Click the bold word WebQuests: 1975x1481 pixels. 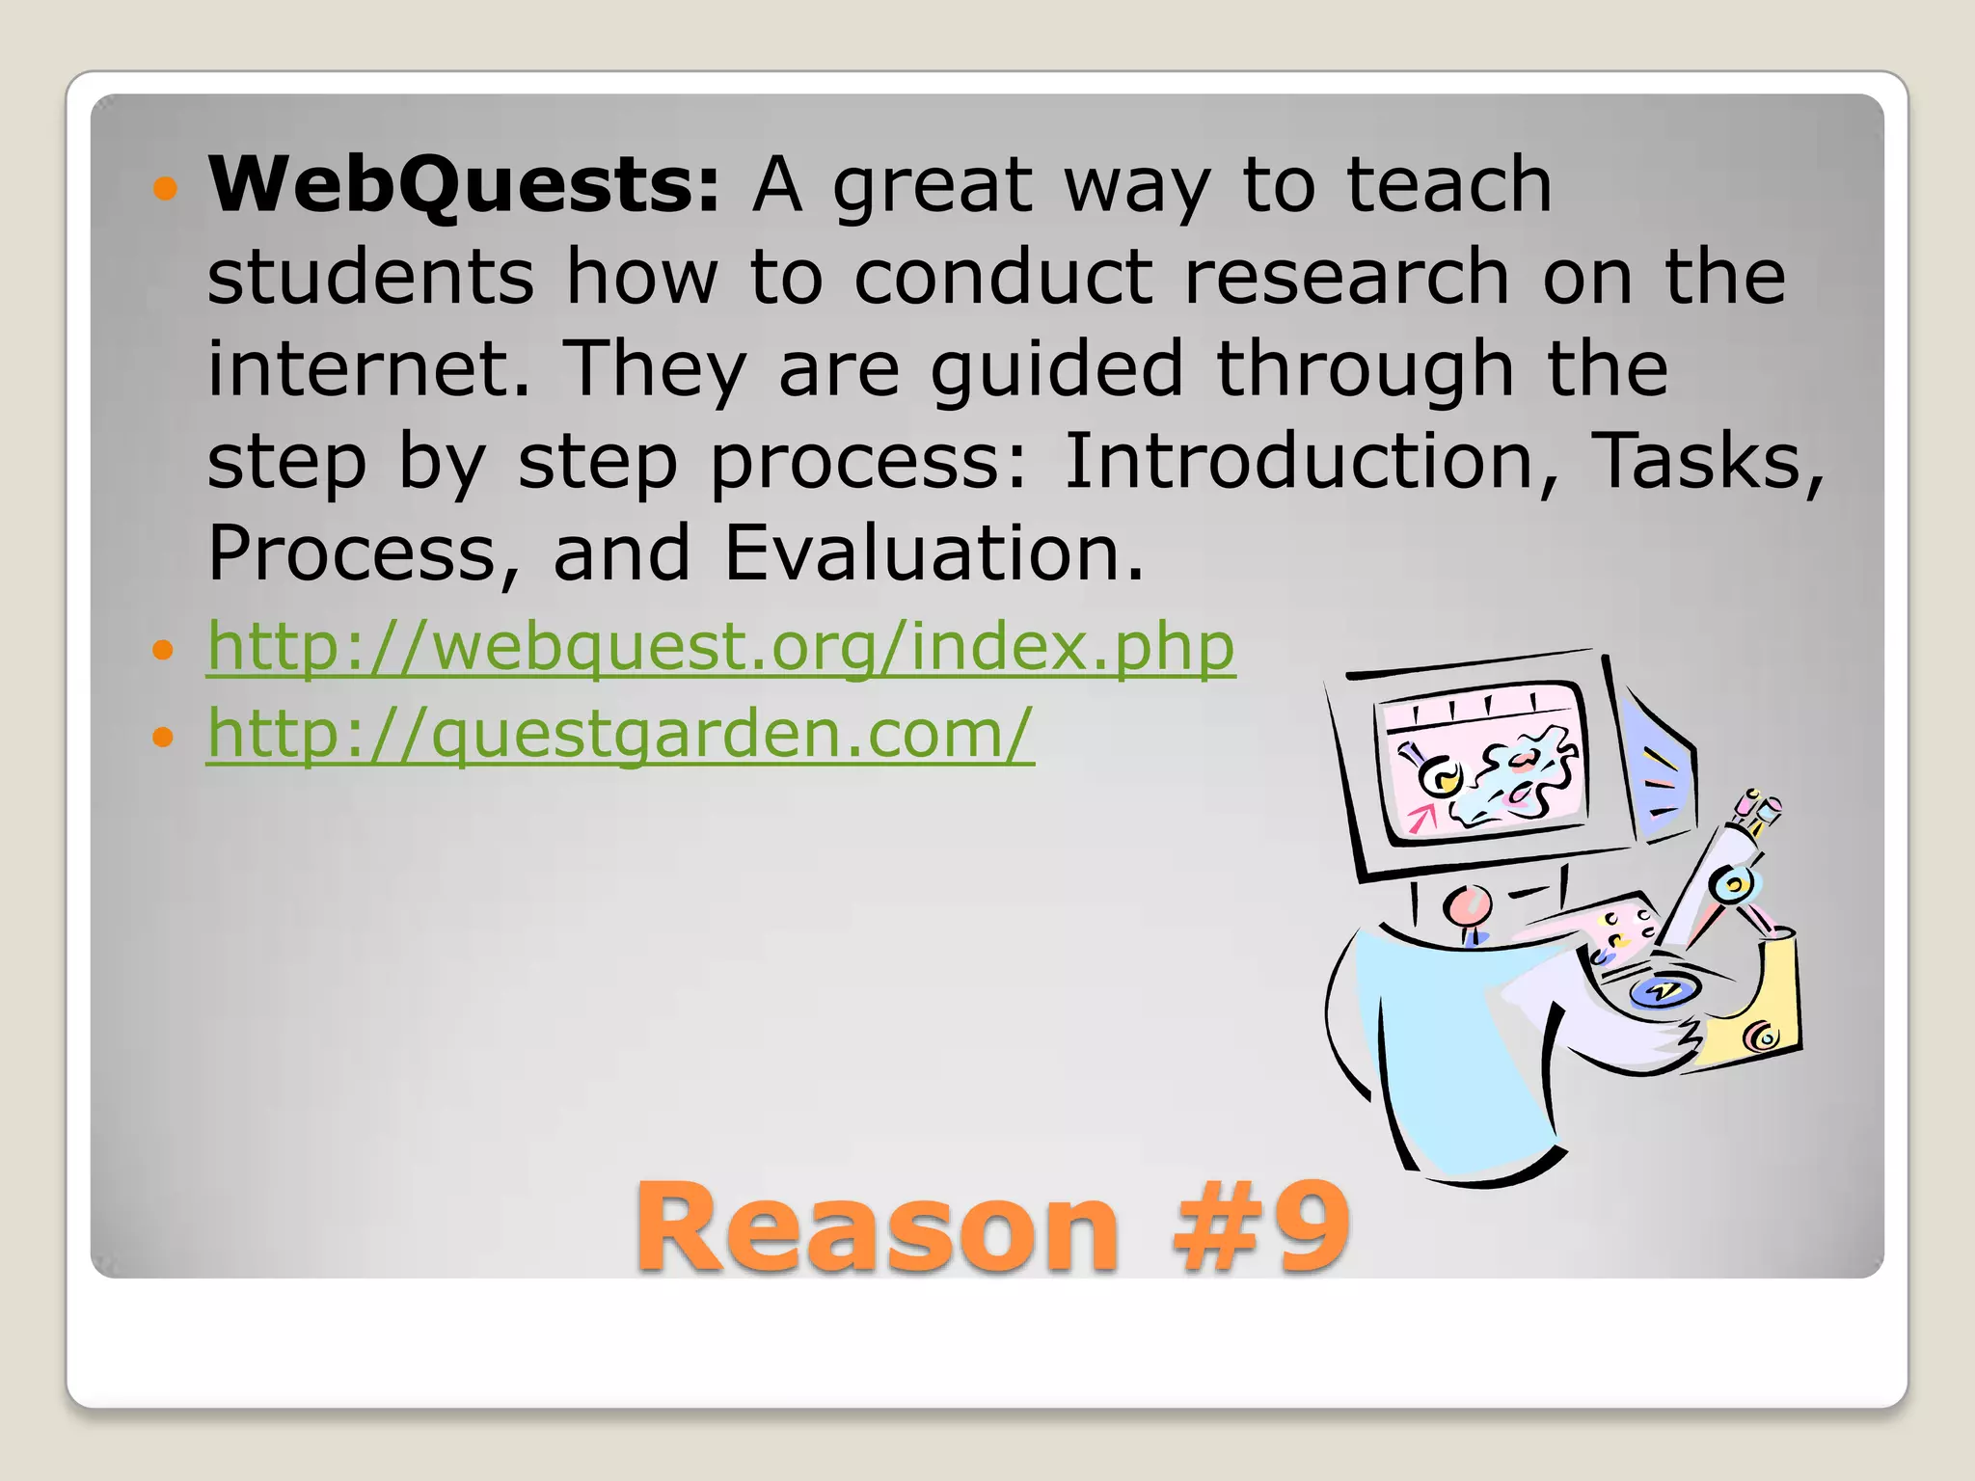[464, 185]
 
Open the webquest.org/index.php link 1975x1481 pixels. [720, 646]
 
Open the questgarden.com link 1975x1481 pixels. [620, 734]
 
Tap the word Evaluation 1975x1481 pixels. [933, 553]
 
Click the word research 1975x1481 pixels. [1346, 277]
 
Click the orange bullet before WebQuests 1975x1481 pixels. [165, 188]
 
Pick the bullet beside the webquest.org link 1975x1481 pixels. [164, 650]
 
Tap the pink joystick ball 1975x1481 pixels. [1468, 906]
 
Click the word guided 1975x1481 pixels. [1056, 370]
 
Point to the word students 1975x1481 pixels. [370, 277]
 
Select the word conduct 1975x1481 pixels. [1003, 277]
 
